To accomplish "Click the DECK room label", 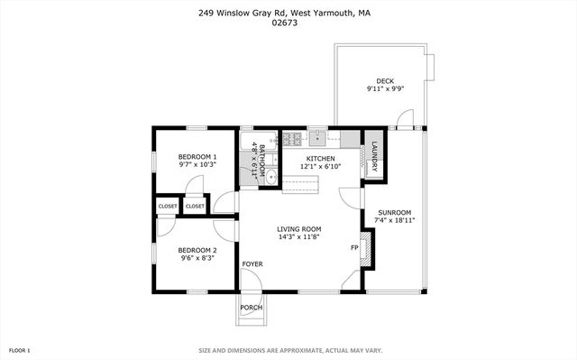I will pyautogui.click(x=385, y=81).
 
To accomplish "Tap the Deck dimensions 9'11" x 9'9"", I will pyautogui.click(x=385, y=89).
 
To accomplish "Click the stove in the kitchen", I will pyautogui.click(x=292, y=139).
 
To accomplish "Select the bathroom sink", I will pyautogui.click(x=247, y=176).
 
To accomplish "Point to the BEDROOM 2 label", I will pyautogui.click(x=197, y=250).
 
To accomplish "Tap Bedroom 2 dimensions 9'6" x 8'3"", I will pyautogui.click(x=197, y=258).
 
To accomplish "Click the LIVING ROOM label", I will pyautogui.click(x=299, y=229).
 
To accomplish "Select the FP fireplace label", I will pyautogui.click(x=353, y=247).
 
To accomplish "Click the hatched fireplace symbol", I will pyautogui.click(x=364, y=247).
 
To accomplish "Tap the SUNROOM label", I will pyautogui.click(x=395, y=212).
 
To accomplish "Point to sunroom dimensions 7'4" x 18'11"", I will pyautogui.click(x=395, y=220).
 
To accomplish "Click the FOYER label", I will pyautogui.click(x=252, y=263).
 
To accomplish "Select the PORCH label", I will pyautogui.click(x=252, y=308).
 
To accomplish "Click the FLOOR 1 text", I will pyautogui.click(x=20, y=350).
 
